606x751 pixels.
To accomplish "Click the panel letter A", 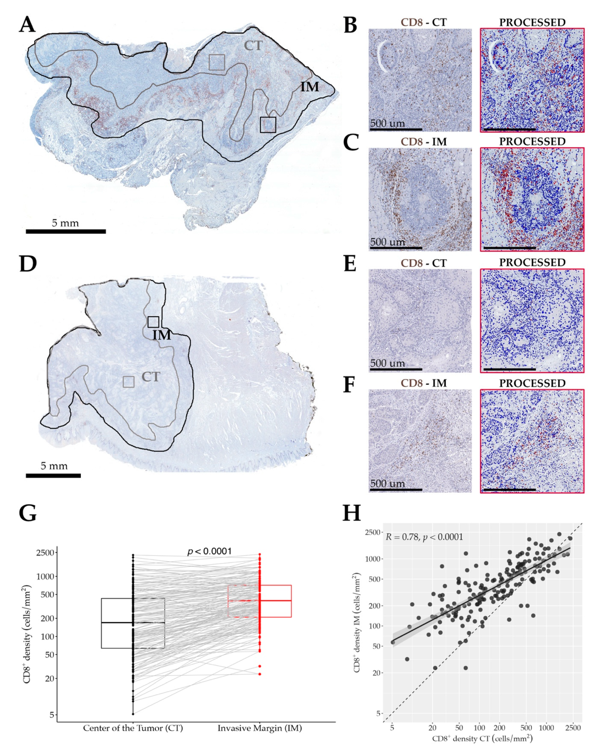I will (27, 25).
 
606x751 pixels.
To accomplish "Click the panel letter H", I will (352, 513).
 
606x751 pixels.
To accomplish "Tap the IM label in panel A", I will (310, 87).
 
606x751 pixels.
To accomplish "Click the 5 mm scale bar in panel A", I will (66, 231).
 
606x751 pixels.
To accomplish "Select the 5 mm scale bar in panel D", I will (53, 475).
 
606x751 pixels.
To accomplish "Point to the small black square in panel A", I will (268, 125).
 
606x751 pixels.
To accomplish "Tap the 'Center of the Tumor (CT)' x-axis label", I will (133, 728).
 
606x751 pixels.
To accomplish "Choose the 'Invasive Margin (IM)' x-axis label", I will (260, 728).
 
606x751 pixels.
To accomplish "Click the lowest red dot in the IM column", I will (260, 674).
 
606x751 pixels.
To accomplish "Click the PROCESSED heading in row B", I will (532, 22).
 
